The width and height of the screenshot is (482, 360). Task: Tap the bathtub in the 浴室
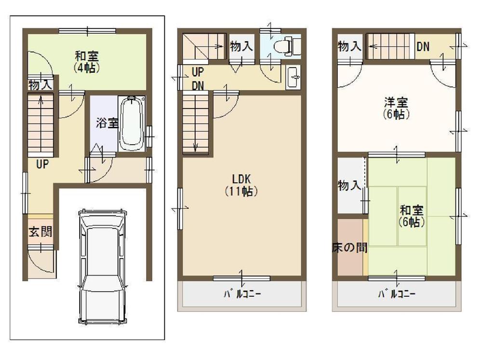(132, 123)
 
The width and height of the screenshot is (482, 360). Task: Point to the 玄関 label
(40, 232)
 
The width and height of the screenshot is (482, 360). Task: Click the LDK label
(241, 179)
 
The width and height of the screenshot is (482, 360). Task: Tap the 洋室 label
(396, 103)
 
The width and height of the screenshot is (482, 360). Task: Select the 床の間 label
(350, 248)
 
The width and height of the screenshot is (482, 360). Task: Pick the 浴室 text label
(107, 123)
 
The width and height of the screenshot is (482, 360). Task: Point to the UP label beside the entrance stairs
(43, 164)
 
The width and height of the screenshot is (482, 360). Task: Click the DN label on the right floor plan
(423, 47)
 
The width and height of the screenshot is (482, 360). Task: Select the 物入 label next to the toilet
(241, 47)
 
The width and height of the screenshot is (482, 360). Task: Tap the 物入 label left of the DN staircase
(349, 47)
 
